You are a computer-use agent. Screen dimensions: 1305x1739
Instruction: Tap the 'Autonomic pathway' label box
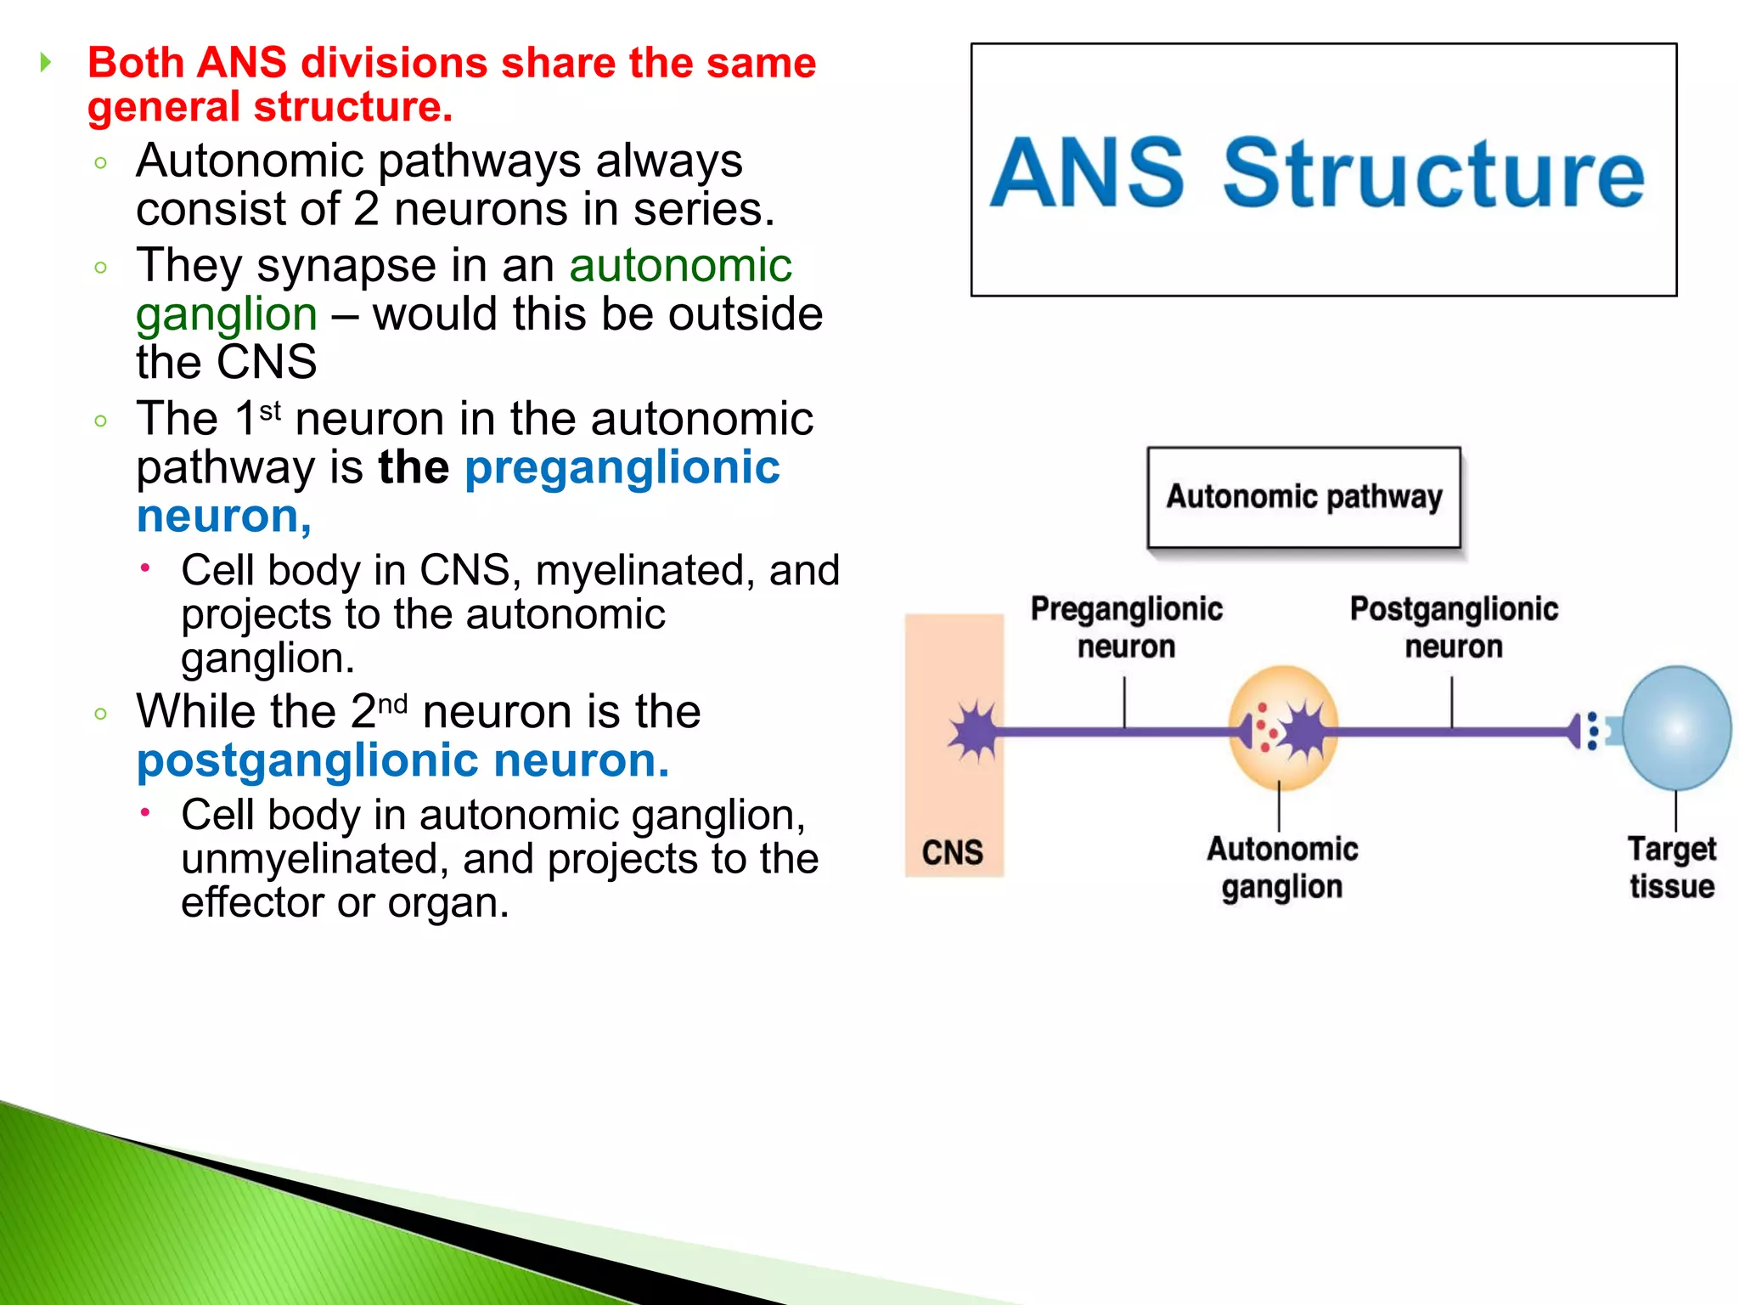pos(1303,497)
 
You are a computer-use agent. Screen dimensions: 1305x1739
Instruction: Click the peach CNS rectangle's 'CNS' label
pos(953,852)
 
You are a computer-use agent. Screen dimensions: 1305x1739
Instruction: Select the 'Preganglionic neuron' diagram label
pos(1126,628)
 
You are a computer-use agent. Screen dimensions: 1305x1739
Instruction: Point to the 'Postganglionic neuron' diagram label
pos(1454,628)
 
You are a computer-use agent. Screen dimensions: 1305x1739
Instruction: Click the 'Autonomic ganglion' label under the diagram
pos(1282,867)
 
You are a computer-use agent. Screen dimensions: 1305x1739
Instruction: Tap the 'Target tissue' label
pos(1671,867)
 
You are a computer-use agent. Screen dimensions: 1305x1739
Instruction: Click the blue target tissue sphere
pos(1676,728)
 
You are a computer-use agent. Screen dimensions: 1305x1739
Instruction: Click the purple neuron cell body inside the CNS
pos(974,730)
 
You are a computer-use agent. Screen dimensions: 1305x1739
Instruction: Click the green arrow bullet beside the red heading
pos(46,62)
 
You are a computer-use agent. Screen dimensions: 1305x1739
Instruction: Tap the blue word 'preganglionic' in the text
pos(622,467)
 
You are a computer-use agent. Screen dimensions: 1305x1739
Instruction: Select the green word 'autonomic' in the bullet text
pos(680,265)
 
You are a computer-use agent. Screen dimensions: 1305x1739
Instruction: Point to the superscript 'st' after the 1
pos(270,411)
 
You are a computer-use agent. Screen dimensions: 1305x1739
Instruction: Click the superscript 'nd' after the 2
pos(392,704)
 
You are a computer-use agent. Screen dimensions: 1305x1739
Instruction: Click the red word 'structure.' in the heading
pos(353,107)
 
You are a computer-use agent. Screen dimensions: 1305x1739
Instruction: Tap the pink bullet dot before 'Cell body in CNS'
pos(146,568)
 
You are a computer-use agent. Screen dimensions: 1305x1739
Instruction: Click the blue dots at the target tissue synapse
pos(1593,731)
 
